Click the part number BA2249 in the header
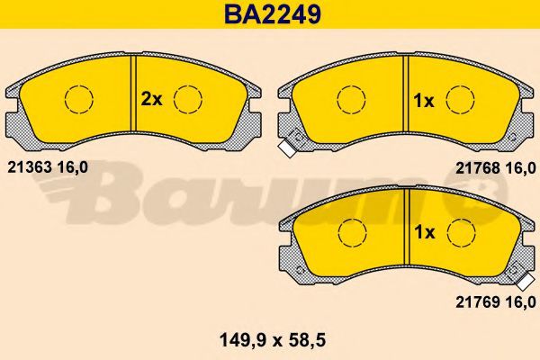273,14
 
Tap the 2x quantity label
151,100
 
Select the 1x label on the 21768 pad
424,101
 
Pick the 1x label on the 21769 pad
425,232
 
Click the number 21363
30,167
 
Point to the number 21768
478,168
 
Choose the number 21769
478,302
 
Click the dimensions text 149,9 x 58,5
273,341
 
